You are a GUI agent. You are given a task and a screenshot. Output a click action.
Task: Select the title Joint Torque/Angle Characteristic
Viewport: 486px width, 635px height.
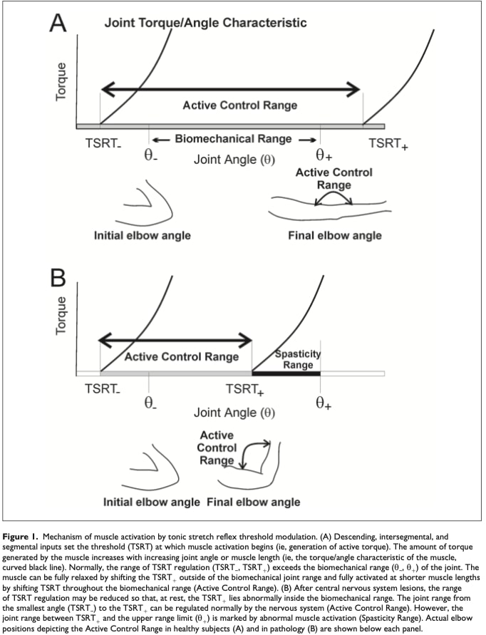[205, 23]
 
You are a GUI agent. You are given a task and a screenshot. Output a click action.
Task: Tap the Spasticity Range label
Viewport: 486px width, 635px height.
[298, 360]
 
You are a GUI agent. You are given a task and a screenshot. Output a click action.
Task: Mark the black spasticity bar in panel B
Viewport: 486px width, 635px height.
[286, 373]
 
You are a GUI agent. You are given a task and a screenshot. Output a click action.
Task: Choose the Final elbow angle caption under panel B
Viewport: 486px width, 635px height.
[253, 502]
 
